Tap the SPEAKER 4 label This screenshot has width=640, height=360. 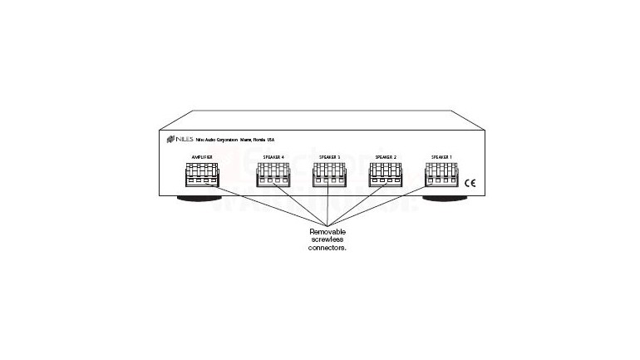271,156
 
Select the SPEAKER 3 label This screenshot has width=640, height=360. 329,156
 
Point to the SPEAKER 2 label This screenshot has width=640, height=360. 385,156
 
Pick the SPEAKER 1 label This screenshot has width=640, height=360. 441,156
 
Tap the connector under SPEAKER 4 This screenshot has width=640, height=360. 272,177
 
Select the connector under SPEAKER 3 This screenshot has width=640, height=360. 329,177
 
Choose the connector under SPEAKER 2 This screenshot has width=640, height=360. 385,177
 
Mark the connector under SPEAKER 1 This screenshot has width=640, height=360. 441,177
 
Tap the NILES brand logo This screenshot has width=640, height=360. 179,138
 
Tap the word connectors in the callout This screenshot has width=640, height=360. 327,248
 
